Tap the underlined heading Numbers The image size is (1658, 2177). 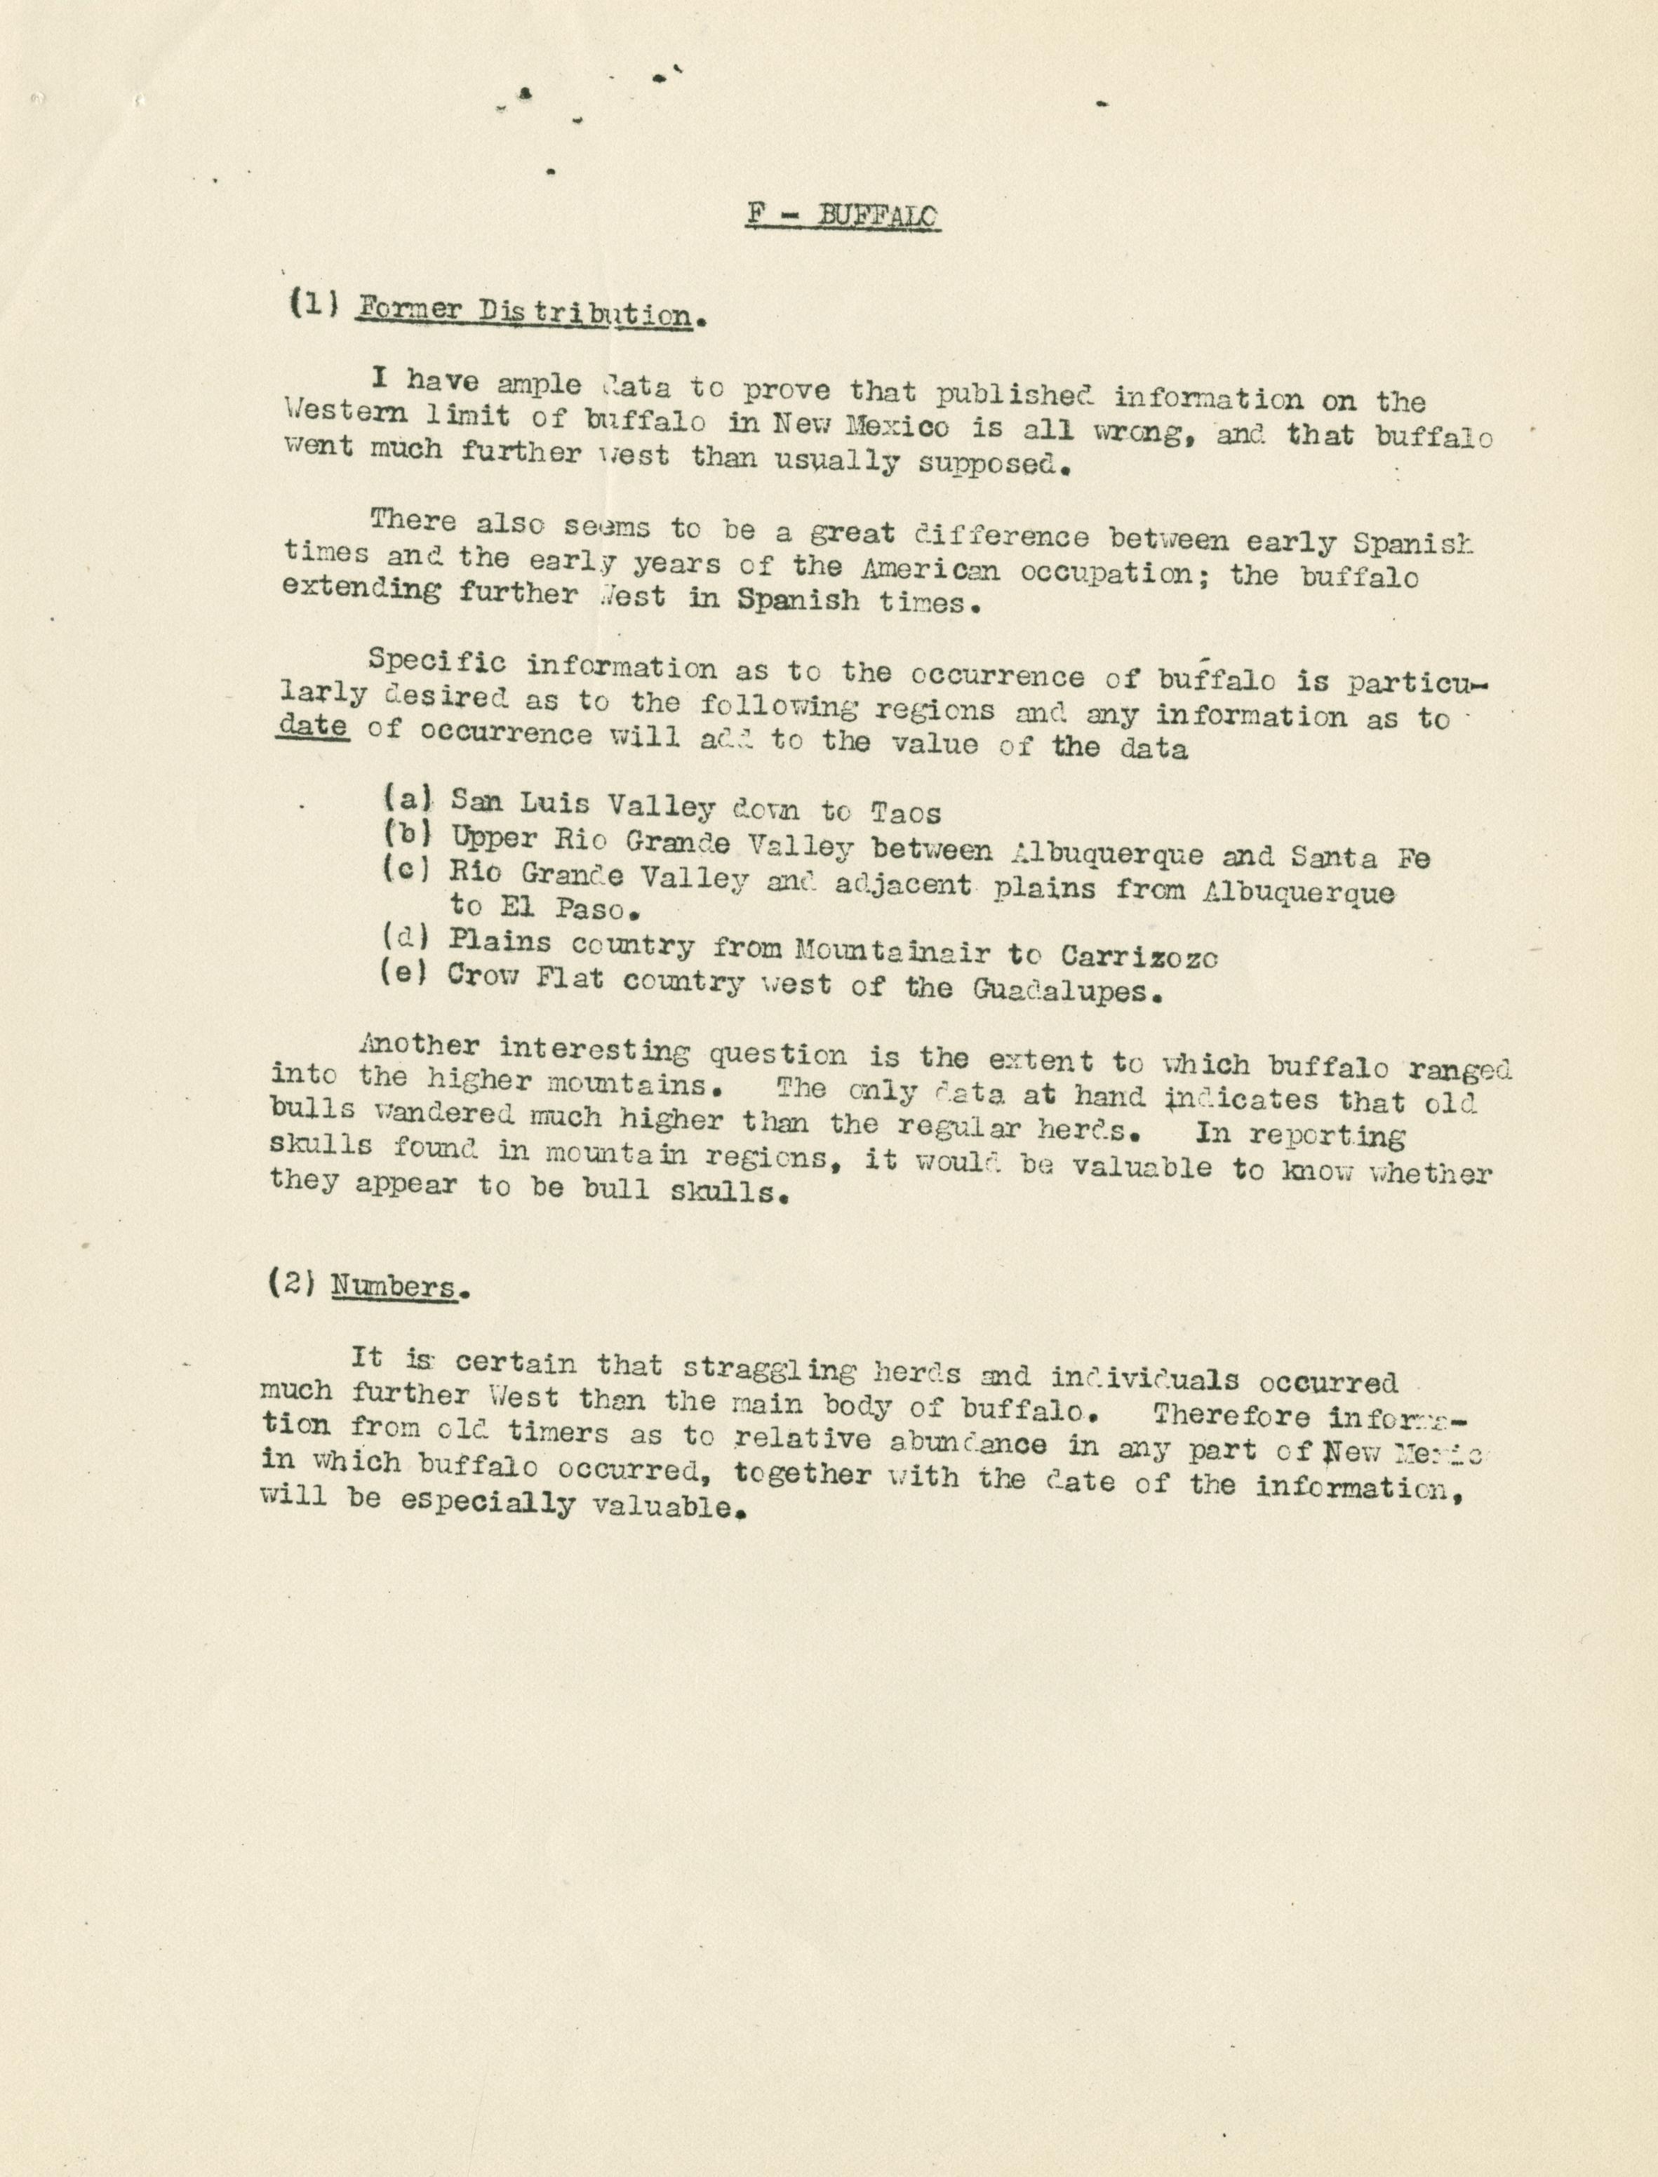(x=394, y=1287)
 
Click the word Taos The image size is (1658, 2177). (x=905, y=813)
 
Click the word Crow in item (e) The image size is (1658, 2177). (x=481, y=977)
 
